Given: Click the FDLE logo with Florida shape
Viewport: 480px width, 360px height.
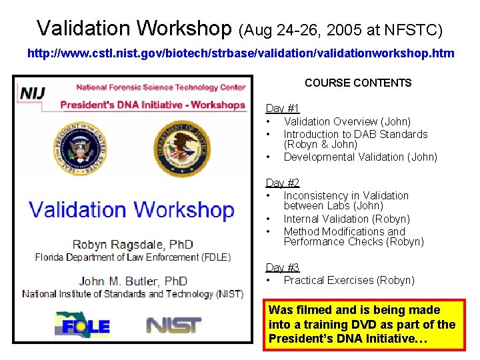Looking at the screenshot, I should pos(82,325).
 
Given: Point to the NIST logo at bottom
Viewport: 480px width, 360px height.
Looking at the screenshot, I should pos(173,325).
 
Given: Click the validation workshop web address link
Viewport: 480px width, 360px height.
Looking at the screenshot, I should pos(240,53).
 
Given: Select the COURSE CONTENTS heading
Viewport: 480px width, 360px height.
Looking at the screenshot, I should pos(358,83).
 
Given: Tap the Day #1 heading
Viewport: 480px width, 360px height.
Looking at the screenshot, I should pos(283,108).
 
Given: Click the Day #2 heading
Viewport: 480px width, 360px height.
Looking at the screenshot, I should pos(283,183).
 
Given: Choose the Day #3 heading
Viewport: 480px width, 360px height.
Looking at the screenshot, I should pos(283,267).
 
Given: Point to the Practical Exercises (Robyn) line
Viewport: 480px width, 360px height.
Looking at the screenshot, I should pos(349,280).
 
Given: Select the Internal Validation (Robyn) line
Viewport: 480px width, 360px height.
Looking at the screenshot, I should pos(347,219).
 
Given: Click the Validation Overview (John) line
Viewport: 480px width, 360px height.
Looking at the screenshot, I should pos(347,121).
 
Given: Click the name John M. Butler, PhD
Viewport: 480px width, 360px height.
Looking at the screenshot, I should pos(133,281).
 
